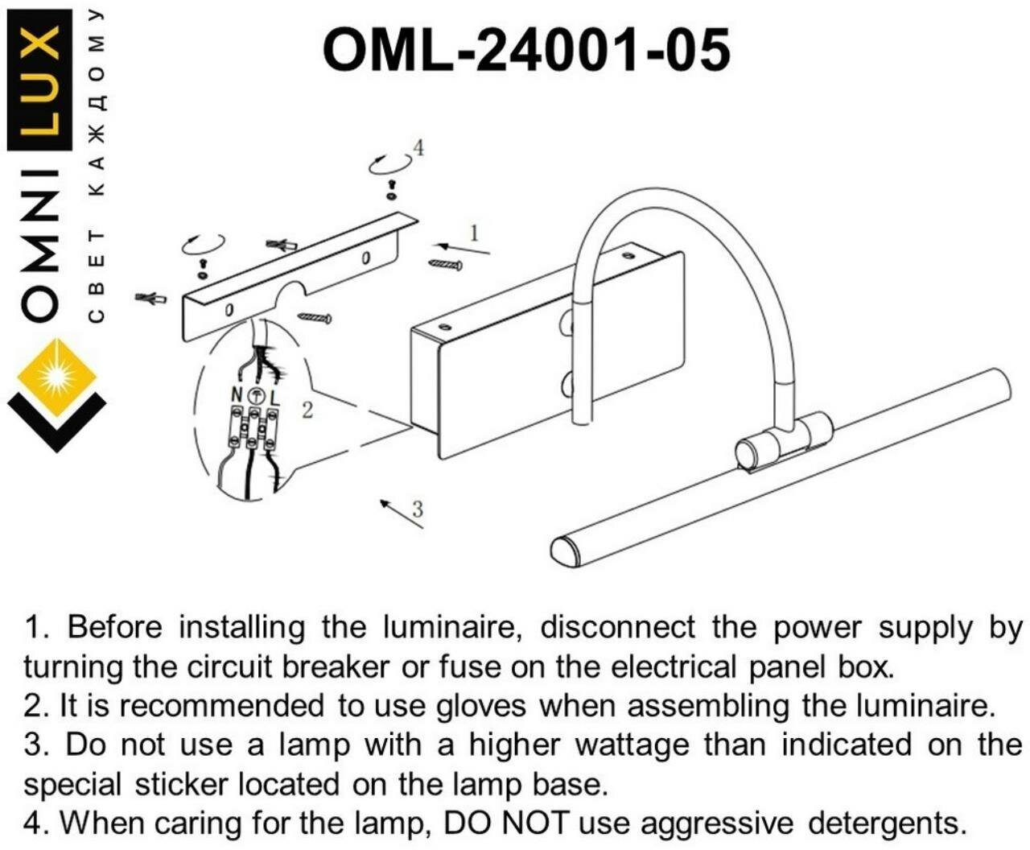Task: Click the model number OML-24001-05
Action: tap(526, 49)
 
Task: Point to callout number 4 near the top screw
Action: tap(417, 147)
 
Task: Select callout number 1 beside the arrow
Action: tap(474, 233)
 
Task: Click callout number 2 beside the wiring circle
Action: tap(307, 410)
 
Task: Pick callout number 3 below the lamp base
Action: tap(417, 508)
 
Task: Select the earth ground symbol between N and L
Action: tap(255, 396)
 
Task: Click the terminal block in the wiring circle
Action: tap(254, 427)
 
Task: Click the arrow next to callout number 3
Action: tap(400, 514)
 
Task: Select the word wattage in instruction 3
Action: tap(631, 745)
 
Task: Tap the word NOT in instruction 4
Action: tap(535, 823)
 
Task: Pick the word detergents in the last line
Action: tap(886, 823)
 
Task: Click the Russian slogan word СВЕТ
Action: tap(96, 277)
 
